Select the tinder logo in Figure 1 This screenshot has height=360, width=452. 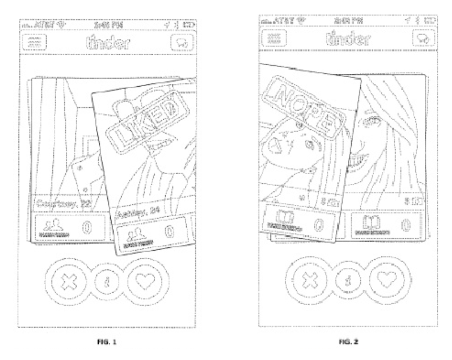coord(107,43)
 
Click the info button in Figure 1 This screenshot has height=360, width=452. coord(106,283)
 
